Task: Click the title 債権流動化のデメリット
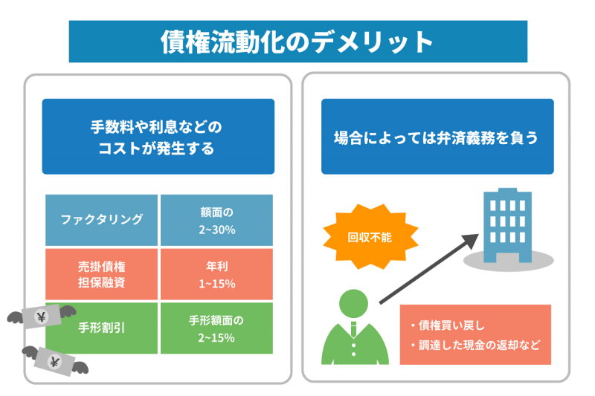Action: [297, 42]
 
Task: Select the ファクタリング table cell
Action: [101, 220]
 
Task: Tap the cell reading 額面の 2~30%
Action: [216, 220]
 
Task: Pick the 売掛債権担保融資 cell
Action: [101, 274]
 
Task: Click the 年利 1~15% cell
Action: [216, 274]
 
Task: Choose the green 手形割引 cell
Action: [101, 328]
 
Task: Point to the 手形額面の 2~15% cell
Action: [216, 328]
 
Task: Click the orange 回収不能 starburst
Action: [370, 237]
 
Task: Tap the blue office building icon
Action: [507, 225]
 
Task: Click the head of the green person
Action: [354, 304]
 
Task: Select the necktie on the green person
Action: [354, 329]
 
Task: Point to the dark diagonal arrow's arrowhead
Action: [471, 241]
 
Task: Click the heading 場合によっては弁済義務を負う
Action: [437, 138]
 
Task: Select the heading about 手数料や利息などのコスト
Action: [157, 137]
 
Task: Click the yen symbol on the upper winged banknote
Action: [42, 317]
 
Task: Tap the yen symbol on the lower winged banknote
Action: [54, 363]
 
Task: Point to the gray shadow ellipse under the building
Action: [509, 261]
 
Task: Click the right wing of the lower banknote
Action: [80, 368]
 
